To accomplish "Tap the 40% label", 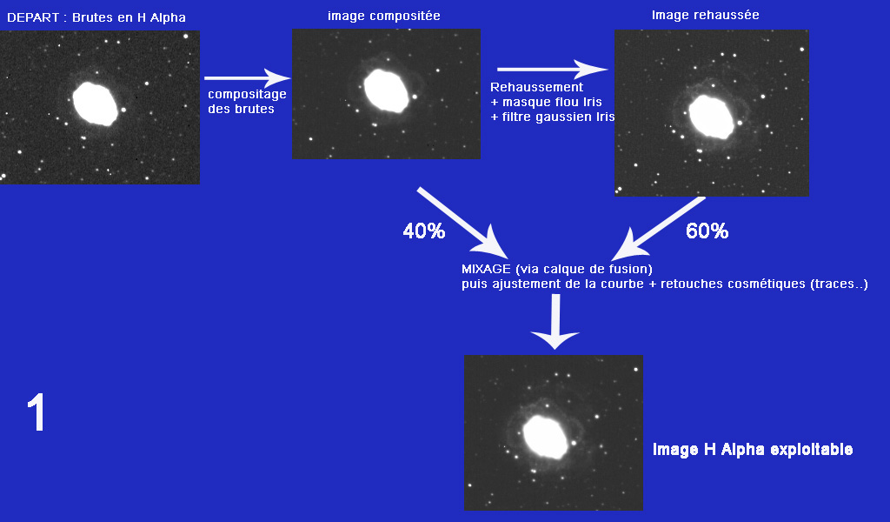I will pos(423,231).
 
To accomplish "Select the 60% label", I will pos(707,231).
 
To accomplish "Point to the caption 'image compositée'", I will pos(383,16).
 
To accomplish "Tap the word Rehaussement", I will pos(536,87).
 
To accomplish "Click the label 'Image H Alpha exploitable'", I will pos(752,450).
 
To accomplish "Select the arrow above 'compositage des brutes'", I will pos(246,79).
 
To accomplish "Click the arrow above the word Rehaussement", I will pos(551,70).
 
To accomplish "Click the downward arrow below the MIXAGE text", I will pos(555,322).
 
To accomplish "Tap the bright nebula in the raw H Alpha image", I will pos(95,104).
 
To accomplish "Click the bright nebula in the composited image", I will pos(385,90).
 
